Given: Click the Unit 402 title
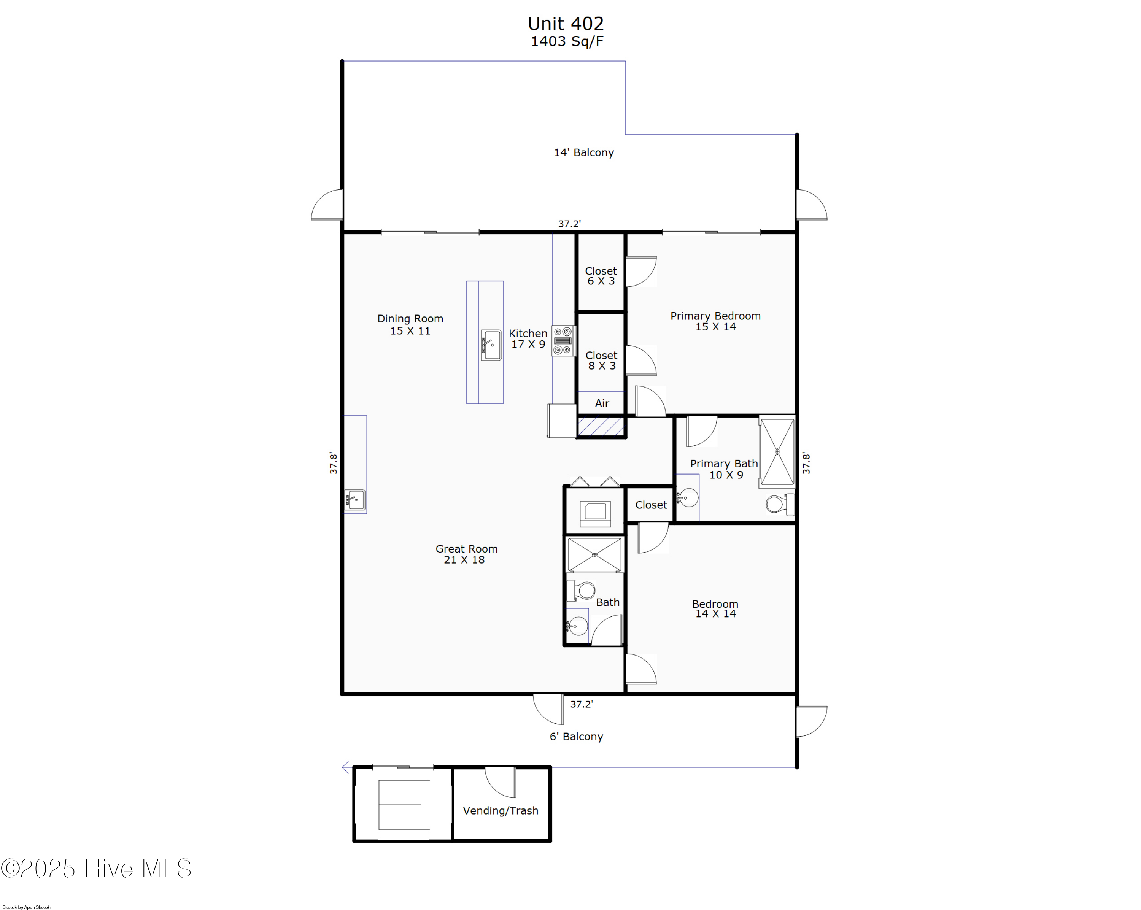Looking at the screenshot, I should point(565,24).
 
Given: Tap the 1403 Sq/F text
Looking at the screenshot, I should point(567,42).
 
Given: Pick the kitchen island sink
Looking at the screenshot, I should point(491,346).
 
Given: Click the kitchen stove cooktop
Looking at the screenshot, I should point(563,341).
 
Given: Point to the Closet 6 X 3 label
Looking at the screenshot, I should point(601,276).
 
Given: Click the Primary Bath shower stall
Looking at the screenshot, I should point(777,451).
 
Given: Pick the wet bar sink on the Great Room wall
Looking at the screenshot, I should point(355,499).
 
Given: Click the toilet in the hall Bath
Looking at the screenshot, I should point(582,591).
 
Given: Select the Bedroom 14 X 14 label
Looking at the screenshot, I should point(715,608).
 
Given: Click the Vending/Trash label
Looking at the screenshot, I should point(500,810).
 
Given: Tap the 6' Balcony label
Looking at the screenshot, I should point(576,737).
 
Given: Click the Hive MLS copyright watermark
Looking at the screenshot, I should point(96,869).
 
